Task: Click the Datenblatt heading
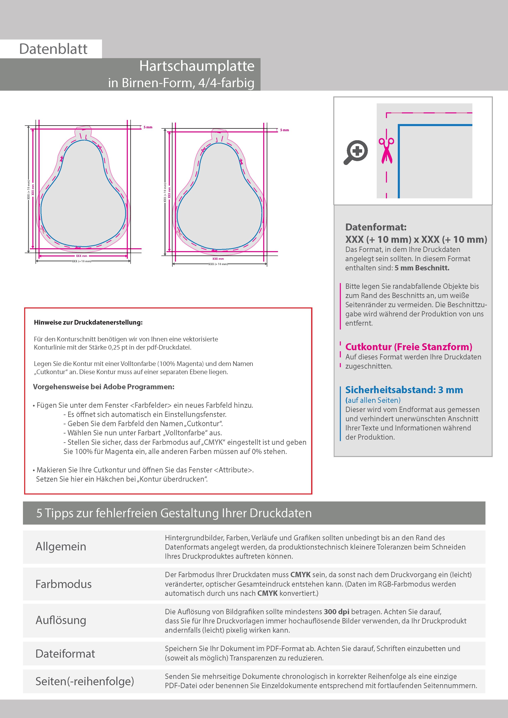[53, 49]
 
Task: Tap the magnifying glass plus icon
[356, 152]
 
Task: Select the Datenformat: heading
[376, 227]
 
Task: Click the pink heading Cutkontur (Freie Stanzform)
[408, 347]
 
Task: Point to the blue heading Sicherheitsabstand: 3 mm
[404, 390]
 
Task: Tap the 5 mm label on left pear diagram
[148, 127]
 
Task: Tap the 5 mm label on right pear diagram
[284, 130]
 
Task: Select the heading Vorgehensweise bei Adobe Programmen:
[104, 387]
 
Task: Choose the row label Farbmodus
[63, 584]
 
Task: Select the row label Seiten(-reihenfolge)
[85, 681]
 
